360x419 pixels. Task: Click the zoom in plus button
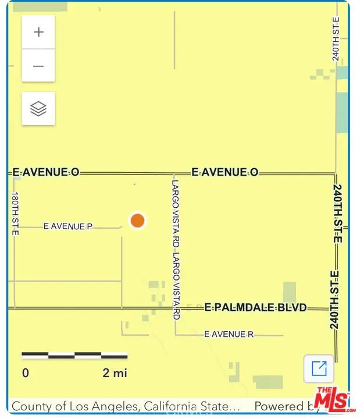pyautogui.click(x=38, y=33)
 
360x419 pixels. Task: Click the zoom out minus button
pyautogui.click(x=38, y=66)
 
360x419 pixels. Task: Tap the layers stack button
pyautogui.click(x=38, y=108)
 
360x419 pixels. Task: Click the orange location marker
pyautogui.click(x=137, y=221)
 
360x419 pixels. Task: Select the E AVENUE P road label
pyautogui.click(x=68, y=226)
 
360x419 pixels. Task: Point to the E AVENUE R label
pyautogui.click(x=229, y=335)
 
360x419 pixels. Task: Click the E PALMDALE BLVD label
pyautogui.click(x=255, y=307)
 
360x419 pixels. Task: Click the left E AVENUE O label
pyautogui.click(x=46, y=172)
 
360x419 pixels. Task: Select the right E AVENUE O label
pyautogui.click(x=225, y=172)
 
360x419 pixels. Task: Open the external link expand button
pyautogui.click(x=319, y=368)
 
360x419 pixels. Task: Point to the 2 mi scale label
pyautogui.click(x=115, y=373)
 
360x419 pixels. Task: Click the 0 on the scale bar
pyautogui.click(x=26, y=373)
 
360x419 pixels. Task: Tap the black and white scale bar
pyautogui.click(x=74, y=355)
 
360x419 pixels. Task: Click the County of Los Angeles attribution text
pyautogui.click(x=126, y=406)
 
